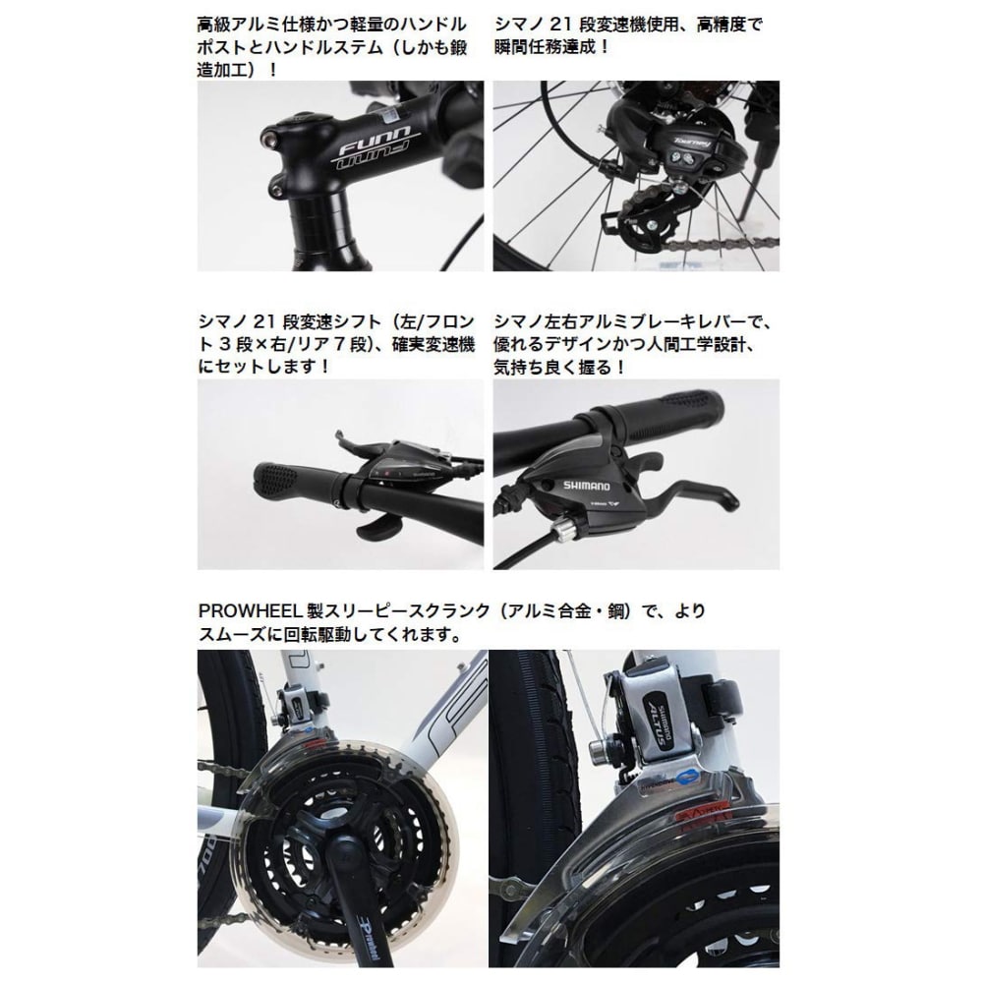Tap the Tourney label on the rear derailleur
tap(692, 143)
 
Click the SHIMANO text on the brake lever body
tap(586, 486)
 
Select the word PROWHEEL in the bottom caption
tap(251, 610)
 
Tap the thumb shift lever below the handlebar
tap(378, 528)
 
